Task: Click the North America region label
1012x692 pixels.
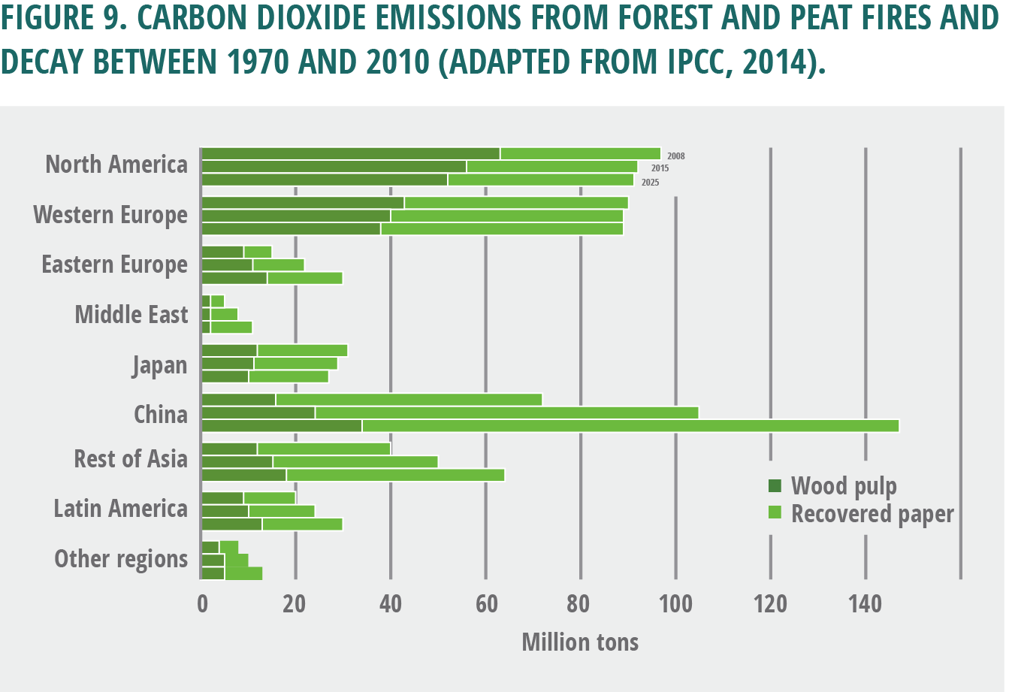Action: (116, 165)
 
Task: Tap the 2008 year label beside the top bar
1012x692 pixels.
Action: (675, 156)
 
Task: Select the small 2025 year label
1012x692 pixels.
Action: (650, 183)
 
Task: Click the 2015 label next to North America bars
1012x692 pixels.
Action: (660, 168)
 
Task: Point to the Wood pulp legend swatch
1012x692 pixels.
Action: (775, 485)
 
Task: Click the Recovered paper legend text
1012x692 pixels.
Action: (872, 514)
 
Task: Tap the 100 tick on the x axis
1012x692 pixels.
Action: (675, 603)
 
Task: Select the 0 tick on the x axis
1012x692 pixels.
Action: (202, 603)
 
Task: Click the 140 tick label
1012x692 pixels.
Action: (865, 603)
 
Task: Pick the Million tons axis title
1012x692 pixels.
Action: (580, 642)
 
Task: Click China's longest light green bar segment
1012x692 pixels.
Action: (630, 426)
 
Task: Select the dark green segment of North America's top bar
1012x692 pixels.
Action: (350, 154)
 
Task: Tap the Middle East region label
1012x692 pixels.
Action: (131, 314)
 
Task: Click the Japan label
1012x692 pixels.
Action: (159, 365)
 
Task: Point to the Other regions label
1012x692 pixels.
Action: (121, 559)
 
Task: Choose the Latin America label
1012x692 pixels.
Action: (120, 509)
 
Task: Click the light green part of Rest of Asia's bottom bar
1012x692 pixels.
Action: (395, 475)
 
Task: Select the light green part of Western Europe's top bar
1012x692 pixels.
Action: (515, 203)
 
